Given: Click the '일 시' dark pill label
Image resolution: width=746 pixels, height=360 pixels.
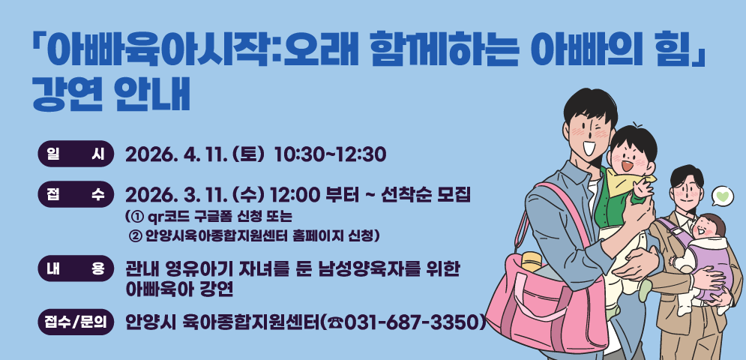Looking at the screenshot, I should [75, 154].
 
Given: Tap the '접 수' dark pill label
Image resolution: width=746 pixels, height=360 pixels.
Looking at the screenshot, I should [75, 195].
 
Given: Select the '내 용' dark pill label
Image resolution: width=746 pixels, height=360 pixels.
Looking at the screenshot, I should [75, 269].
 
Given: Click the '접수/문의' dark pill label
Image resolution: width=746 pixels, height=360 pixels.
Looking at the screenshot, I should [75, 322].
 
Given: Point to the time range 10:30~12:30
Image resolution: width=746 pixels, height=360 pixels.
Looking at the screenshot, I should [330, 154].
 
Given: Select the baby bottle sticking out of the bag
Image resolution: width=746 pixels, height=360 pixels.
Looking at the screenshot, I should [532, 262].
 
